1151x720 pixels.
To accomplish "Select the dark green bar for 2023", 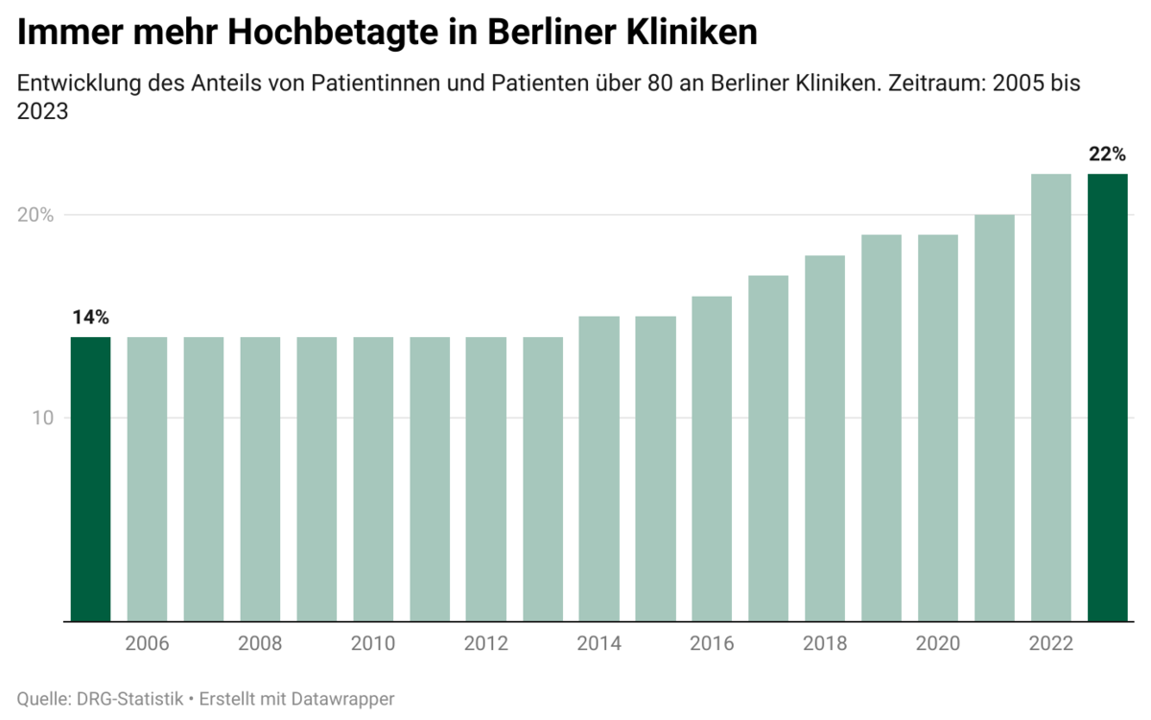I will click(x=1107, y=397).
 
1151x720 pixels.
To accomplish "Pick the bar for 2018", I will click(x=825, y=438).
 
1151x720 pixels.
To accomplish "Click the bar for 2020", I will click(x=938, y=428).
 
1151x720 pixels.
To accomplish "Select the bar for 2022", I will click(x=1050, y=397).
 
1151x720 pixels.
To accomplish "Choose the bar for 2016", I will click(x=712, y=459).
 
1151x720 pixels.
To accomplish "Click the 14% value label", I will click(x=90, y=317).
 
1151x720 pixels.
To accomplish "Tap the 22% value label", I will click(x=1107, y=155).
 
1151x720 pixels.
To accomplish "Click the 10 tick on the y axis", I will click(x=44, y=419).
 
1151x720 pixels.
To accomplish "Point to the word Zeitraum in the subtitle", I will click(x=936, y=83).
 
